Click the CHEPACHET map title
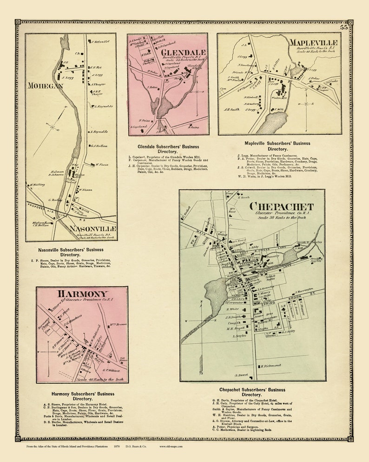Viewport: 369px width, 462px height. tap(281, 206)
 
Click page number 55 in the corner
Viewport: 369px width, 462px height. tap(344, 27)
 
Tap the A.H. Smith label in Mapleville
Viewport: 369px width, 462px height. tap(231, 110)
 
